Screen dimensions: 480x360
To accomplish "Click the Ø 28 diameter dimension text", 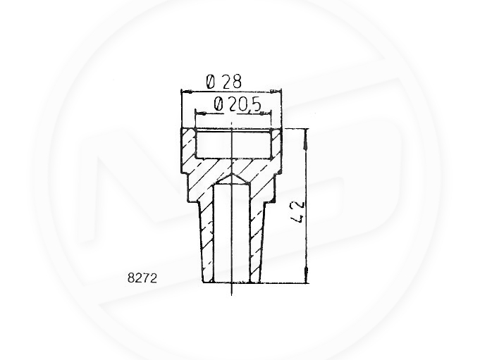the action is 223,82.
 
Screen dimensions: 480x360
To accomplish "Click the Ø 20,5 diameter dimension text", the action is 238,104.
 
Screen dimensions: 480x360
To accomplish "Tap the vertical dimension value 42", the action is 298,211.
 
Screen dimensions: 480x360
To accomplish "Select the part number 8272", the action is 142,278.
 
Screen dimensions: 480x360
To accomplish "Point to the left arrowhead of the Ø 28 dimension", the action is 186,91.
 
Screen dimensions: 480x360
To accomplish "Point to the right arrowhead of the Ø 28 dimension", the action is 276,91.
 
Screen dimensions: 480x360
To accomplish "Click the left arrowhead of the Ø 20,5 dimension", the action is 200,114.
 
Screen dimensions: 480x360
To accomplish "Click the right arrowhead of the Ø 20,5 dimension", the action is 266,114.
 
